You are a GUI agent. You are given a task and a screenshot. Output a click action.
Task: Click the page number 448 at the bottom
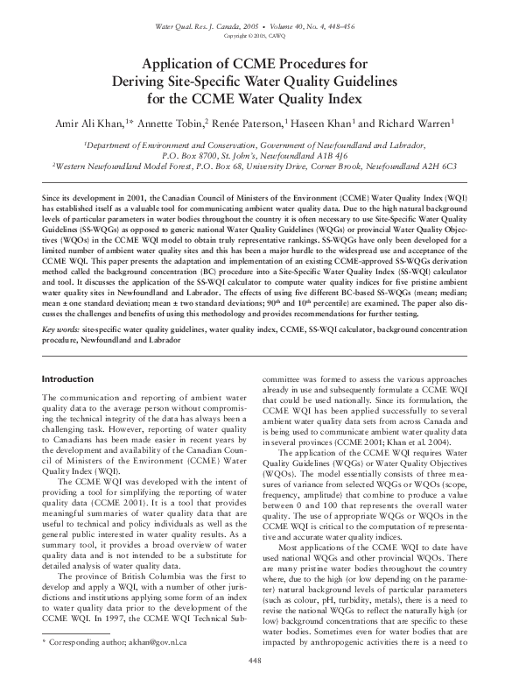pyautogui.click(x=256, y=659)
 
